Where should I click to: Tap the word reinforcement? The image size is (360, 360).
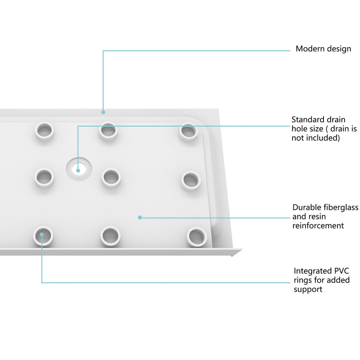[x=318, y=226]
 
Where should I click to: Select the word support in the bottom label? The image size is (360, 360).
[x=308, y=289]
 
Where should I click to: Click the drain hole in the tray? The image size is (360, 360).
[x=79, y=168]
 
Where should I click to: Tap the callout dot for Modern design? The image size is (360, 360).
[x=103, y=112]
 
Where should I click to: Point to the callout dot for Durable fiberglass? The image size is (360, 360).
[x=140, y=218]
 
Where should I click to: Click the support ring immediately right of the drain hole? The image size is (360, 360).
[x=111, y=178]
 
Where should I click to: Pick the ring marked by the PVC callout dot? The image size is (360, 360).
[x=43, y=236]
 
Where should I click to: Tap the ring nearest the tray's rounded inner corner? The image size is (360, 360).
[x=188, y=132]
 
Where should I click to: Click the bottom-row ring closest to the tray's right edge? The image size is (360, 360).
[x=196, y=237]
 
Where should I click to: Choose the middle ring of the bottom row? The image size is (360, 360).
[x=110, y=236]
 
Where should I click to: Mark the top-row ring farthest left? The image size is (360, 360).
[x=45, y=131]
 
